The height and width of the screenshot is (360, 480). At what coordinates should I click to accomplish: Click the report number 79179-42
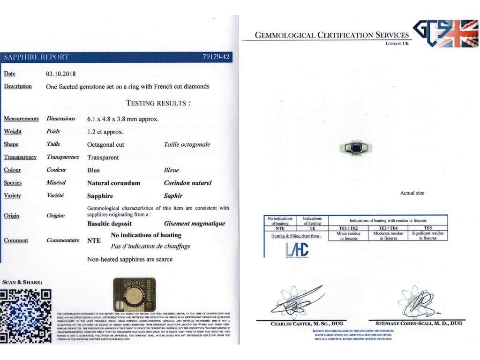tap(216, 57)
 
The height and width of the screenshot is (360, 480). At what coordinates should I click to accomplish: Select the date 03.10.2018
tap(61, 74)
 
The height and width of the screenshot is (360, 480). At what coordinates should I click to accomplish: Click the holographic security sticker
tap(134, 294)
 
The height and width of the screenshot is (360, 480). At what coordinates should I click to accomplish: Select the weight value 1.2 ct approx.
tap(105, 132)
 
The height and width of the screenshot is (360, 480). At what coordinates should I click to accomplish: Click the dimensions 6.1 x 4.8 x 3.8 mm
tap(123, 119)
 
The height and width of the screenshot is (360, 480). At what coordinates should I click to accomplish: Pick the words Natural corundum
tap(113, 183)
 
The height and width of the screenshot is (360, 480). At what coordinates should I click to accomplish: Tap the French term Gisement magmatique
tap(195, 224)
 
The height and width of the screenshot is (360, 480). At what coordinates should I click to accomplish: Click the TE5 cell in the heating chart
tap(427, 228)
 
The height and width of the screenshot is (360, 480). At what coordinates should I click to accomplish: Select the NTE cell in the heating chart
tap(280, 228)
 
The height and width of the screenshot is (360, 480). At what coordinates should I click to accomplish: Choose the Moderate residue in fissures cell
tap(388, 236)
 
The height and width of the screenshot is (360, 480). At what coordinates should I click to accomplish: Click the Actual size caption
tap(412, 193)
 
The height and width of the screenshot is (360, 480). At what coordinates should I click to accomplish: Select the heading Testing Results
tap(158, 103)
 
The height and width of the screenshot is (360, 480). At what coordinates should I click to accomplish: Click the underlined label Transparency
tap(20, 157)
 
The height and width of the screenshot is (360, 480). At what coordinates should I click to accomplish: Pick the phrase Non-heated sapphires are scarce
tap(130, 259)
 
